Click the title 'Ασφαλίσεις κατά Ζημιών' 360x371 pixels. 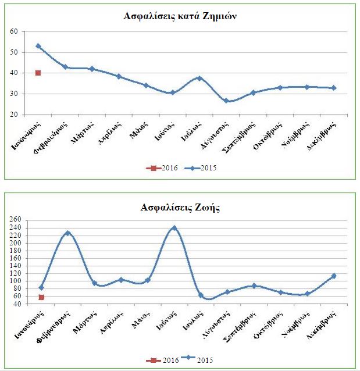pos(180,16)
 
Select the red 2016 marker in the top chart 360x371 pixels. pos(38,73)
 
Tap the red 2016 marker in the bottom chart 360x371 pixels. pos(41,297)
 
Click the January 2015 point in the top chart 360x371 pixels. pos(38,46)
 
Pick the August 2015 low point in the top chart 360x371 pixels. pos(226,101)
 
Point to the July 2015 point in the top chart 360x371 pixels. pos(199,78)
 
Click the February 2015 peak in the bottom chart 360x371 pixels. pos(67,233)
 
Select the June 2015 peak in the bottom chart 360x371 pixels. pos(174,228)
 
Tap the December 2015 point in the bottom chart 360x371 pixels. pos(334,276)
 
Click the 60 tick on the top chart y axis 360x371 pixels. pos(15,31)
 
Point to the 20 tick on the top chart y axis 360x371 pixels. pos(15,115)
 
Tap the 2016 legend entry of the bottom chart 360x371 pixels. pos(162,361)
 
